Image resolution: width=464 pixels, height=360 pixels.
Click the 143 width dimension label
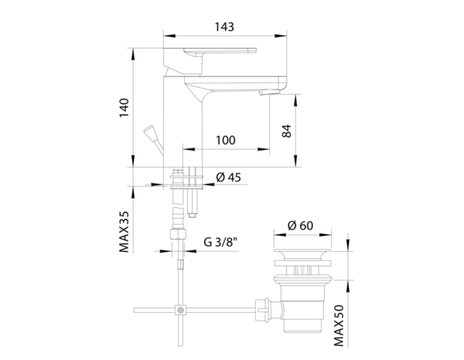pos(224,27)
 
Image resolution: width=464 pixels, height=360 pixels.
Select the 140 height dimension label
pos(125,107)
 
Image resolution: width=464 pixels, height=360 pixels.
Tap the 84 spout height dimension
pos(286,131)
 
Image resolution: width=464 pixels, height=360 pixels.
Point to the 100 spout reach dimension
pos(226,140)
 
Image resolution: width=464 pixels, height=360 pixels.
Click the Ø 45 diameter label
pos(228,178)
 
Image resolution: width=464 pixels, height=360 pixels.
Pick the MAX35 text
pos(125,232)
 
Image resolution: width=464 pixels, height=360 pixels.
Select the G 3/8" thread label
pos(220,242)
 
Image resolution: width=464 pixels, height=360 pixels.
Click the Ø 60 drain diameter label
pos(300,226)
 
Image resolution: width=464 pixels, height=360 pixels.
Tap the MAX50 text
pos(339,326)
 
